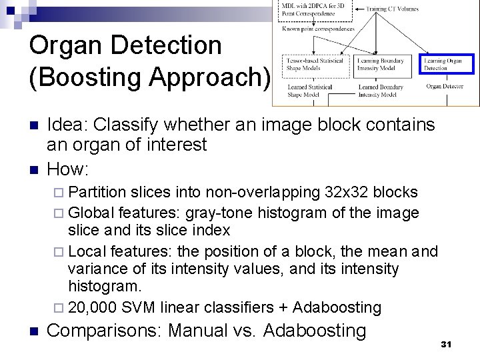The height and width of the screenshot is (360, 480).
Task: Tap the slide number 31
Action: coord(447,344)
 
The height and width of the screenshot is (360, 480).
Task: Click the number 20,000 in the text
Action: coord(95,307)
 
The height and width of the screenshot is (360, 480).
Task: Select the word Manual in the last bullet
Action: coord(196,331)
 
